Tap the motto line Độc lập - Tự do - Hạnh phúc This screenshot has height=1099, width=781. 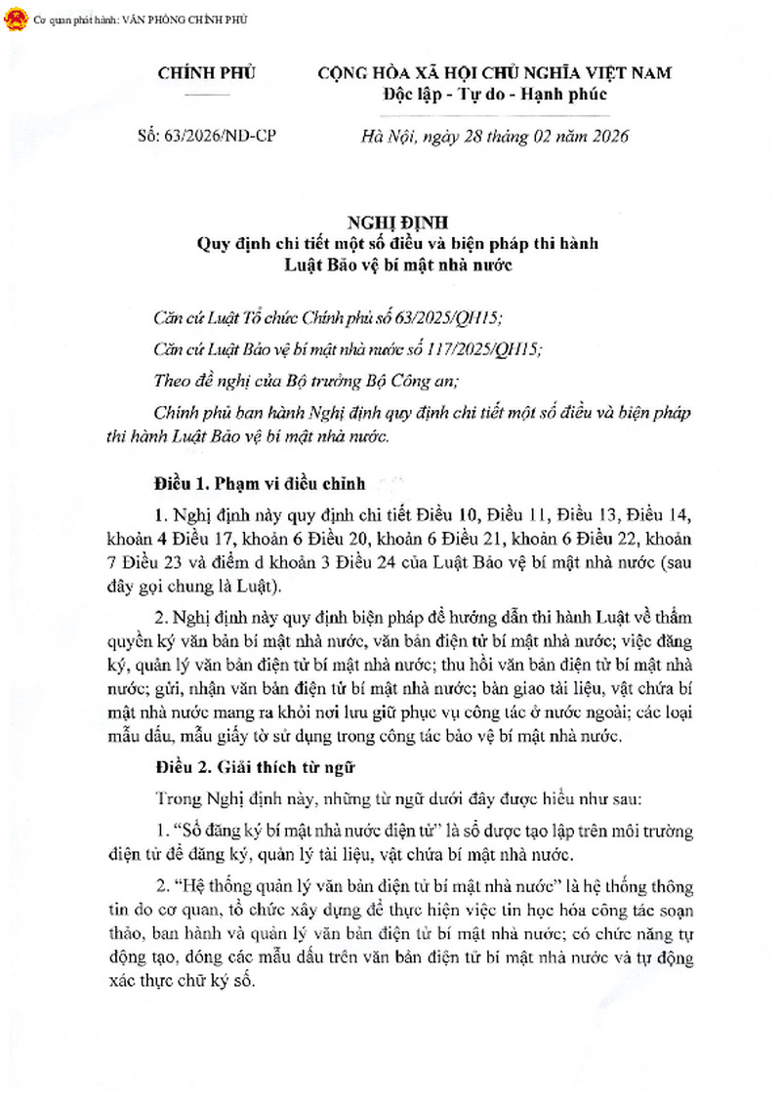pyautogui.click(x=495, y=95)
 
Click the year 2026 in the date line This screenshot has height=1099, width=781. pyautogui.click(x=607, y=137)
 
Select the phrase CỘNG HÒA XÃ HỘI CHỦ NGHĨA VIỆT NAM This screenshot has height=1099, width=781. pyautogui.click(x=496, y=74)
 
